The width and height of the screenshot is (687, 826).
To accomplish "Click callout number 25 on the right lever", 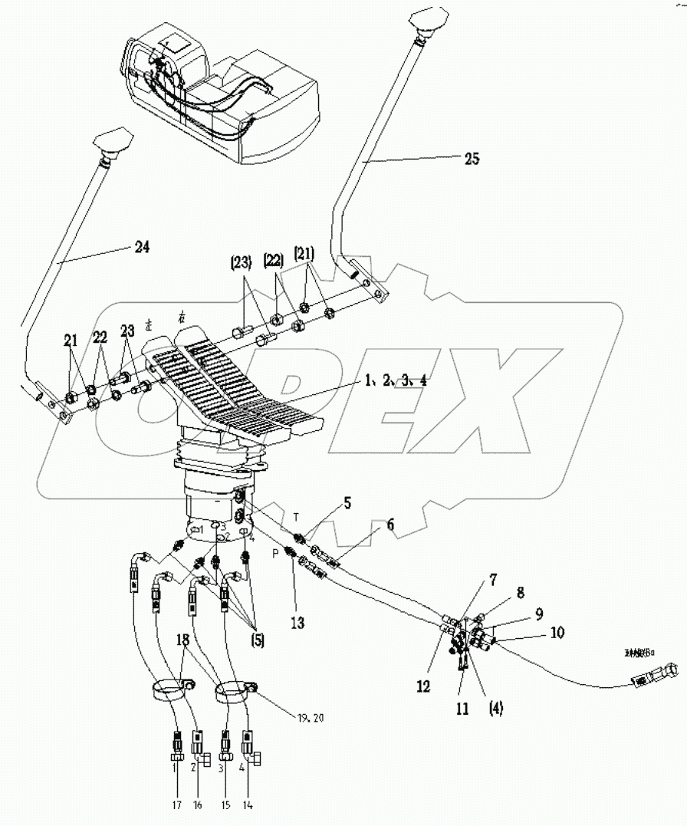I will (472, 159).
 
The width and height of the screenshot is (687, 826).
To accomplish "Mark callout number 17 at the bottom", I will (178, 805).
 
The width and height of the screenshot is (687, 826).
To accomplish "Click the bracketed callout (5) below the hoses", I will (255, 638).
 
